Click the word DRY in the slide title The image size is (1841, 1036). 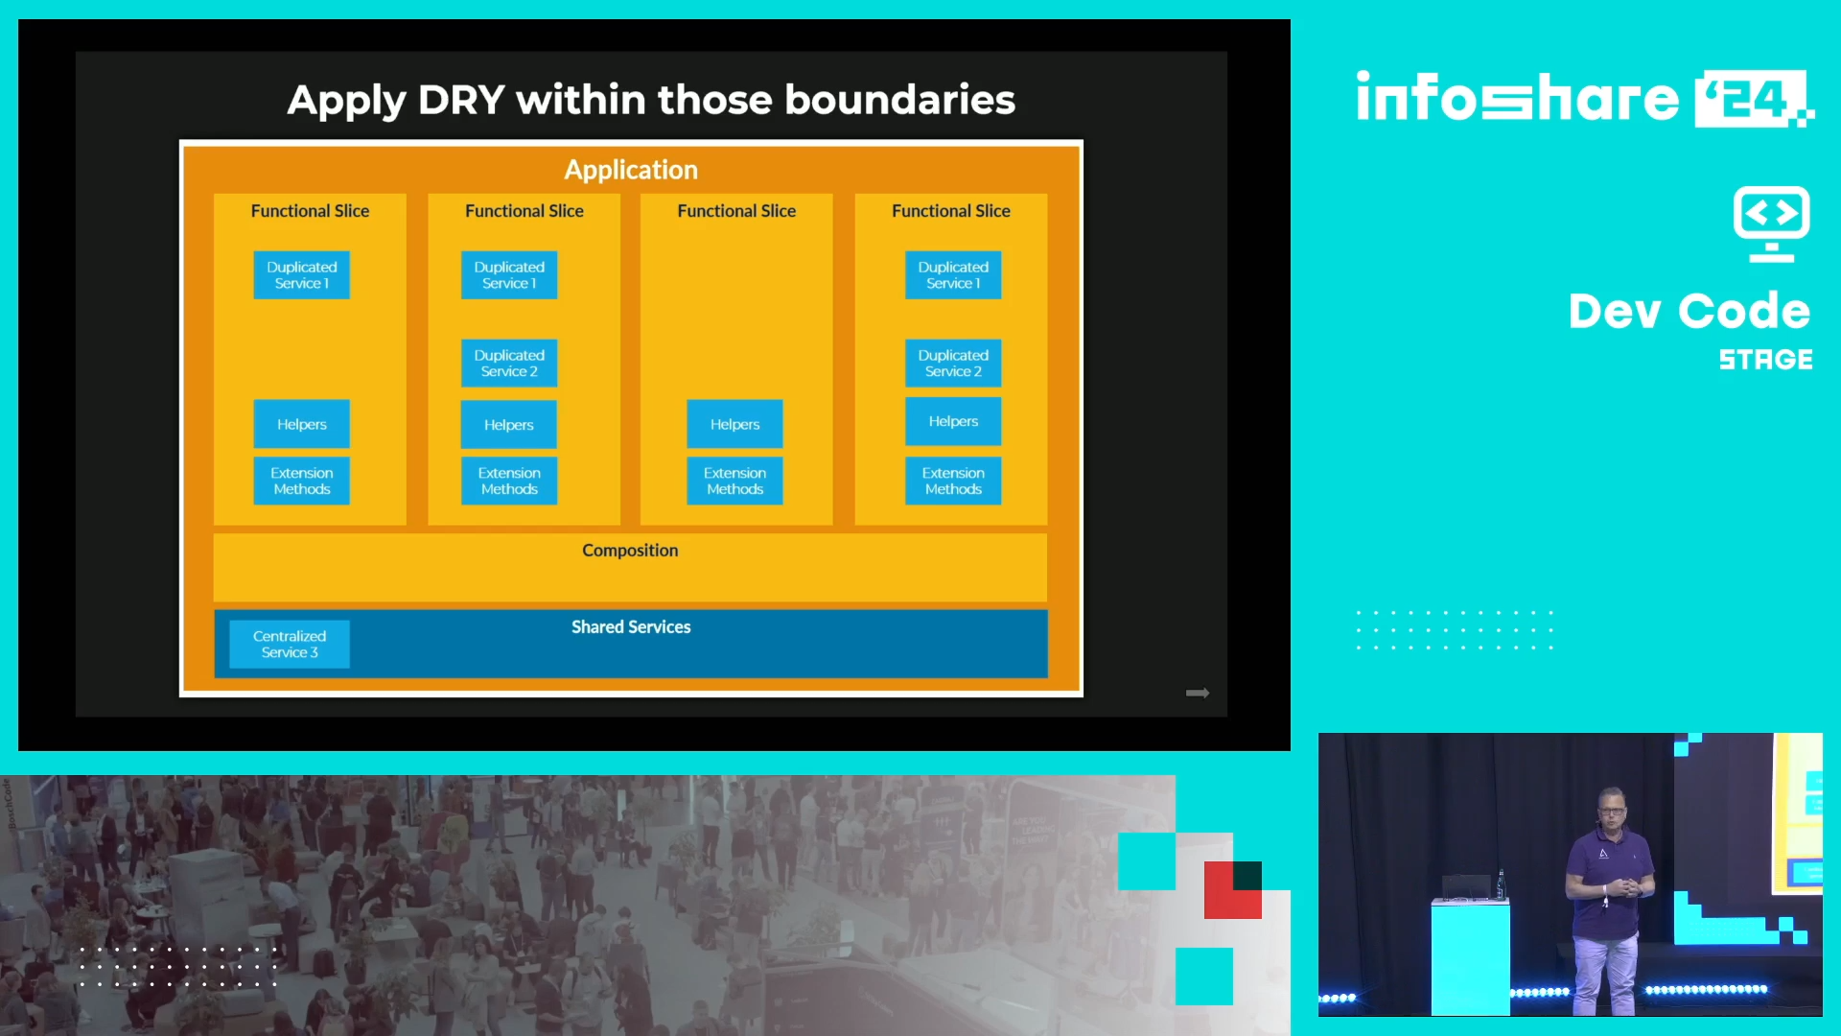[461, 100]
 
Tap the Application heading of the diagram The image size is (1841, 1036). [631, 170]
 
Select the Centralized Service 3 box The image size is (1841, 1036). [290, 644]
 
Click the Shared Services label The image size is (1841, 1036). [631, 627]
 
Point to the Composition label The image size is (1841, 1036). [630, 551]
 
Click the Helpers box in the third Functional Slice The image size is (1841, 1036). [734, 424]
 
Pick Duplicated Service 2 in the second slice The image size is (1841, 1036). [509, 364]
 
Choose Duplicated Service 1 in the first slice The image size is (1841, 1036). [302, 275]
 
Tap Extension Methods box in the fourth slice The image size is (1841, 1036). [953, 481]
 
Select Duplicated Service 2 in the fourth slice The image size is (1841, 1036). [953, 364]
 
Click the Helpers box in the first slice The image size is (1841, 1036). [302, 424]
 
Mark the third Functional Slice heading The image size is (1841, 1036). [736, 211]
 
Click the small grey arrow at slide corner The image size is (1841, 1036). [1198, 693]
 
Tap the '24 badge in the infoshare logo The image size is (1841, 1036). [1751, 98]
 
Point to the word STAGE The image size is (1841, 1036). [1765, 360]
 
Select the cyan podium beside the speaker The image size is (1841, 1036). [1470, 957]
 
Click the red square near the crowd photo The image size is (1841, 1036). [1233, 890]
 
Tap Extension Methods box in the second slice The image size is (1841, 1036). [509, 481]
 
